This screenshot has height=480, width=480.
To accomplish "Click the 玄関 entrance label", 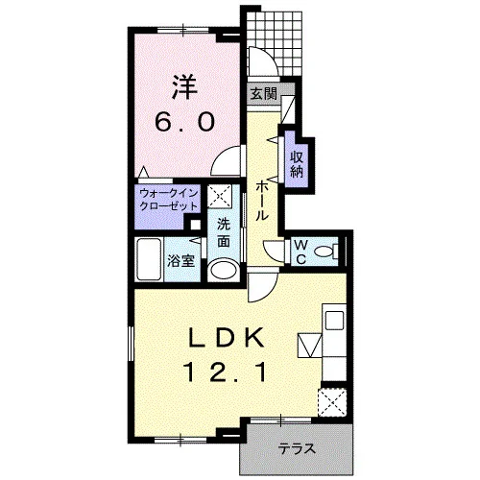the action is pyautogui.click(x=263, y=94).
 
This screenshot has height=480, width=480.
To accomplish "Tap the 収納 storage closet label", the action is pyautogui.click(x=297, y=165).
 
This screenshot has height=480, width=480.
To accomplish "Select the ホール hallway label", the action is pyautogui.click(x=261, y=201).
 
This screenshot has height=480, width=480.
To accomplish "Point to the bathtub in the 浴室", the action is pyautogui.click(x=149, y=259).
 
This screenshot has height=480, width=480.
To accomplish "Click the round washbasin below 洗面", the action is pyautogui.click(x=223, y=271).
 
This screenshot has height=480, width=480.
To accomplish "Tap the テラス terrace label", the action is pyautogui.click(x=297, y=448).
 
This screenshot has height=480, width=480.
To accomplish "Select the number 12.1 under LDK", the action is pyautogui.click(x=225, y=372).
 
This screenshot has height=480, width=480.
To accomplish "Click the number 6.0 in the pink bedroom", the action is pyautogui.click(x=184, y=122).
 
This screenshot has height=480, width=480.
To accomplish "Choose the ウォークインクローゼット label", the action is pyautogui.click(x=169, y=200).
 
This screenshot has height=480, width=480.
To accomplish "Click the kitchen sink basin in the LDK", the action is pyautogui.click(x=334, y=321).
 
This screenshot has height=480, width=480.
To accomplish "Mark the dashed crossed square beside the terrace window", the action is pyautogui.click(x=332, y=402).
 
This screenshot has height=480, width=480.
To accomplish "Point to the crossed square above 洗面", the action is pyautogui.click(x=220, y=196).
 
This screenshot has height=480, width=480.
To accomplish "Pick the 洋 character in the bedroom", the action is pyautogui.click(x=184, y=86).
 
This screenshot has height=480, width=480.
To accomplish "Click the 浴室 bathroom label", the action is pyautogui.click(x=181, y=261).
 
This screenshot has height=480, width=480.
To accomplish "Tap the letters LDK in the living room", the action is pyautogui.click(x=226, y=338).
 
